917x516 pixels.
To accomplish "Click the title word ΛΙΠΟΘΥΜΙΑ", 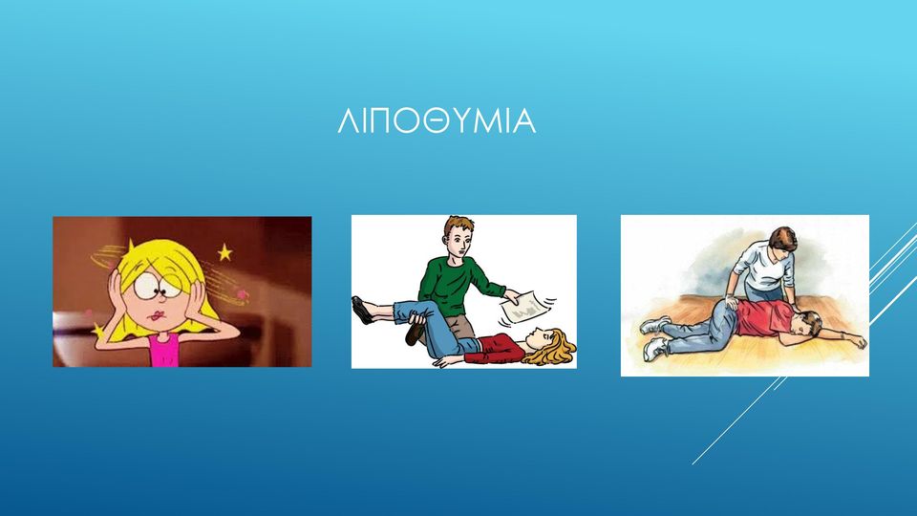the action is (437, 121).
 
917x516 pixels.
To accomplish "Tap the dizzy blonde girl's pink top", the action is (163, 350).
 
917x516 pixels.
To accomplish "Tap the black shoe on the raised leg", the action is (363, 310).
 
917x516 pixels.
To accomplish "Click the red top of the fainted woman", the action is (496, 347).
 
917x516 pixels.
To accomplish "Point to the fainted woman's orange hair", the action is (559, 348).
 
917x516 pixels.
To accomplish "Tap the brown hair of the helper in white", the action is (782, 238).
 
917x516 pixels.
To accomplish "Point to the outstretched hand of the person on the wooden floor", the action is (858, 342).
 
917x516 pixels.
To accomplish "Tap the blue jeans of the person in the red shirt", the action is (700, 331).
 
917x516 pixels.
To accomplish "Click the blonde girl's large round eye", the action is (145, 288).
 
